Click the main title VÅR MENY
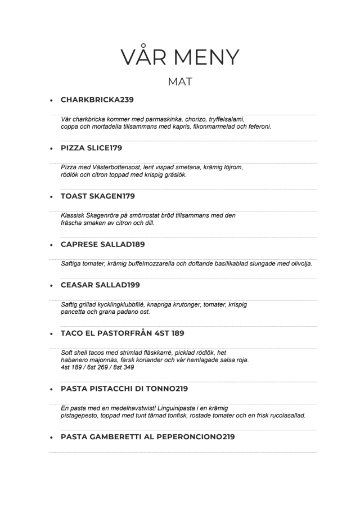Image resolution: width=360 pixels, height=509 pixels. click(180, 57)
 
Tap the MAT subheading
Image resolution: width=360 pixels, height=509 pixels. click(180, 82)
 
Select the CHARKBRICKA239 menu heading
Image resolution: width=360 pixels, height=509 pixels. click(97, 100)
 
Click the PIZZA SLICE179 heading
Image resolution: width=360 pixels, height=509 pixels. click(91, 148)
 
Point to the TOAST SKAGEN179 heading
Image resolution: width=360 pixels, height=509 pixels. click(97, 196)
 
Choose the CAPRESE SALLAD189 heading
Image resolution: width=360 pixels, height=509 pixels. click(102, 244)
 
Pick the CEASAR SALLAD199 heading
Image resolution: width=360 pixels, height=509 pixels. click(100, 285)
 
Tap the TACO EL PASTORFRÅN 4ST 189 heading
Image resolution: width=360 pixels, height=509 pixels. click(122, 333)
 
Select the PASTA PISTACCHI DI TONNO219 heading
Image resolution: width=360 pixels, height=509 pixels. click(124, 389)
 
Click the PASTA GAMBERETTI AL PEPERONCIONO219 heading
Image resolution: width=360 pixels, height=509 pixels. click(147, 436)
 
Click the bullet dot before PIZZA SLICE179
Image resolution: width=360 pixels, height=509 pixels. click(51, 148)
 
